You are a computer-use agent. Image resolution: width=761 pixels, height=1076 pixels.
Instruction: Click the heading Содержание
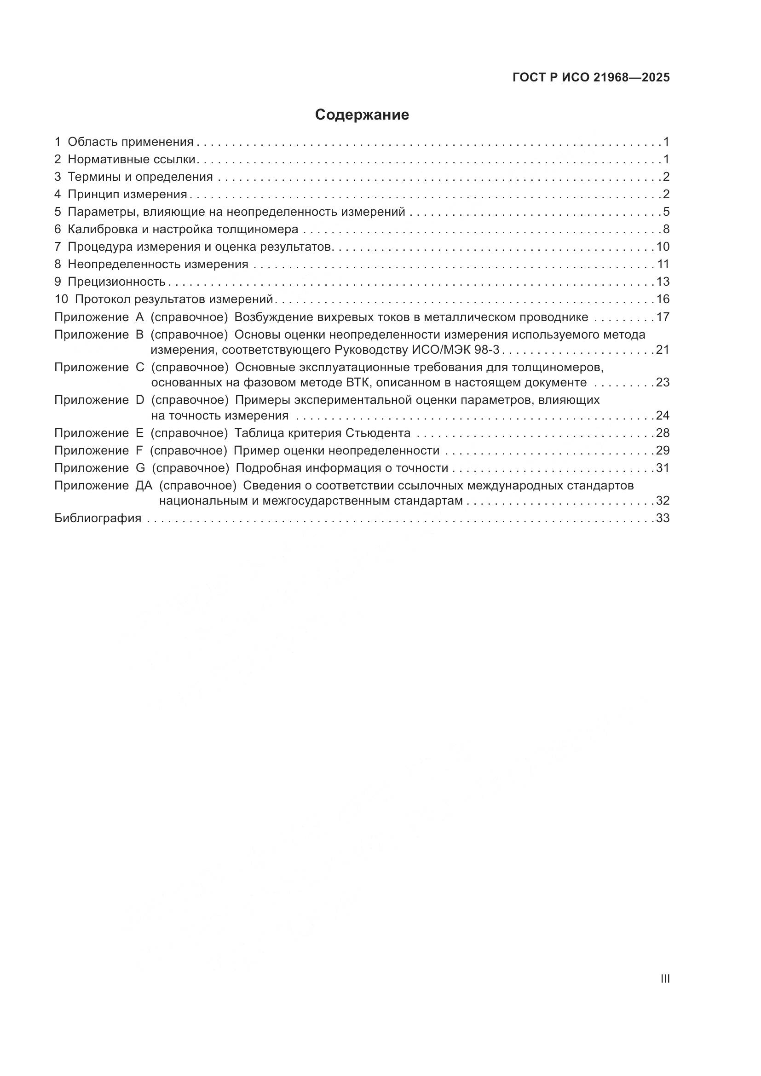click(x=362, y=115)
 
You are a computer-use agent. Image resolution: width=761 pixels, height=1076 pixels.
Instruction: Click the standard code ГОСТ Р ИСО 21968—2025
click(x=591, y=78)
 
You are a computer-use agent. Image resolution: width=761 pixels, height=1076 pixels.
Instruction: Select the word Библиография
click(x=98, y=518)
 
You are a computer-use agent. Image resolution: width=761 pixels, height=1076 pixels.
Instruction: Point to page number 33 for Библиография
click(x=663, y=518)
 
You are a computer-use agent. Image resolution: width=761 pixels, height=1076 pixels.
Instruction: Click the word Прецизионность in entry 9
click(x=117, y=282)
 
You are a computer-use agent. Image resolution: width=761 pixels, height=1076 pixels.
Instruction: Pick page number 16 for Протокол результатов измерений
click(x=663, y=299)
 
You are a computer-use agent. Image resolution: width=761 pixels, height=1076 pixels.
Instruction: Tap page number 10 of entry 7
click(x=663, y=247)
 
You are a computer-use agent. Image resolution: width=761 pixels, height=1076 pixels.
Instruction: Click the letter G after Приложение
click(x=140, y=468)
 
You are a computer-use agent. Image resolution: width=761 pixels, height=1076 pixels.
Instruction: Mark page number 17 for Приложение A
click(x=663, y=317)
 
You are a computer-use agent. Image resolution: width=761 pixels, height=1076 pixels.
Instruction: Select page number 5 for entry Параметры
click(x=666, y=212)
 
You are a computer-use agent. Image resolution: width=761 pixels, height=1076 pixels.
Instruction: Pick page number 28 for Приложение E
click(x=663, y=433)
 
